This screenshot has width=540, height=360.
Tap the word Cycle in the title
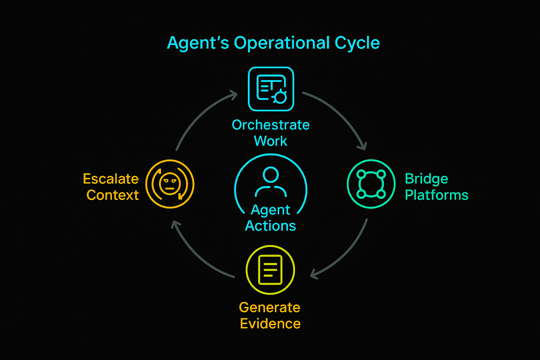pos(357,43)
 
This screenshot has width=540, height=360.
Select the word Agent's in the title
pos(198,43)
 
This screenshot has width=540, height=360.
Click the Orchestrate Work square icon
pos(271,89)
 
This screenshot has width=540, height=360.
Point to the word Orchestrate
pos(271,125)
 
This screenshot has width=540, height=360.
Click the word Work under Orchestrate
pos(270,141)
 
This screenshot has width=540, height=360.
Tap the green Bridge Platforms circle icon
pos(371,184)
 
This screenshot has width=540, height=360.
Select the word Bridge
pos(426,179)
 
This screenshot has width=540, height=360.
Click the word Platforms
pos(436,195)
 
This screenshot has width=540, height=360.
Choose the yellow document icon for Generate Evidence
pos(270,270)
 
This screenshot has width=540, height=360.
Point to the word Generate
pos(270,307)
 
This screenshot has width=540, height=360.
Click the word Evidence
pos(270,323)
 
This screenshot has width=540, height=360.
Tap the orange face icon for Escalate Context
pos(170,184)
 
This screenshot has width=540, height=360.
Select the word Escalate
pos(111,179)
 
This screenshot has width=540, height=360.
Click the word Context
pos(112,195)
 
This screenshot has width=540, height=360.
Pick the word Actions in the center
pos(270,226)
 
